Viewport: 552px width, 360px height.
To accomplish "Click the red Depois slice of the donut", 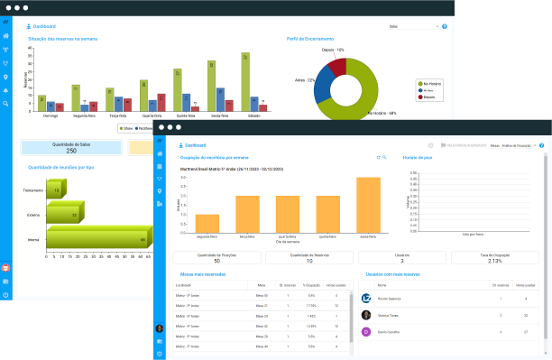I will pyautogui.click(x=336, y=66).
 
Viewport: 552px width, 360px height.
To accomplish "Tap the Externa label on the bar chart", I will pyautogui.click(x=32, y=215).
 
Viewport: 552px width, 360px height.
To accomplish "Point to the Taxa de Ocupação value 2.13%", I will pyautogui.click(x=493, y=261).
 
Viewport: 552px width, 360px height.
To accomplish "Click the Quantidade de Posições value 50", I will pyautogui.click(x=216, y=261).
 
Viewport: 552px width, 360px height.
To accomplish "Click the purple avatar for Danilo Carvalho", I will pyautogui.click(x=366, y=332).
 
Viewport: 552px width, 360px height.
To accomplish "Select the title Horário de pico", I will pyautogui.click(x=418, y=157).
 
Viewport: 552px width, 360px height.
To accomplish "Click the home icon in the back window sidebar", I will pyautogui.click(x=6, y=36).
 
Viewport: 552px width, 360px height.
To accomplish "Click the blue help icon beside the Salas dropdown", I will pyautogui.click(x=444, y=27).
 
